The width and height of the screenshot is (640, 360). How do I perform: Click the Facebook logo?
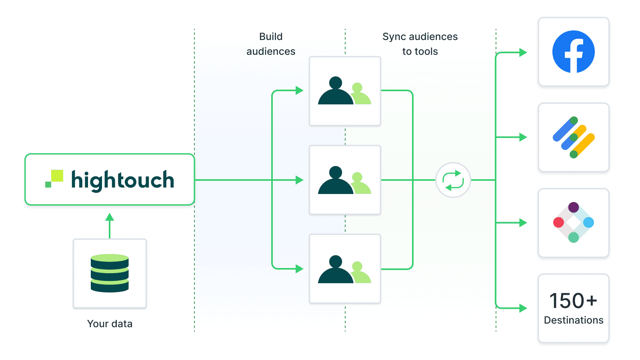click(573, 52)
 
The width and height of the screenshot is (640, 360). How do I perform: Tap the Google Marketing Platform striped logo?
click(573, 137)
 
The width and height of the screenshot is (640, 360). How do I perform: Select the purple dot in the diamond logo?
click(573, 207)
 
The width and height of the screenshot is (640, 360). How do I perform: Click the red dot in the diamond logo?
click(558, 222)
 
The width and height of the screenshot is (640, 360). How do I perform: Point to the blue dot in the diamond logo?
click(588, 222)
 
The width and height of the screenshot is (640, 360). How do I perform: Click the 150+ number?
click(573, 301)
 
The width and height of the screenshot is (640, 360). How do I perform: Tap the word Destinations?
click(573, 320)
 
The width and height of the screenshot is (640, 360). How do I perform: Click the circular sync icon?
click(453, 180)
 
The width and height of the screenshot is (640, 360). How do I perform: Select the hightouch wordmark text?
click(122, 180)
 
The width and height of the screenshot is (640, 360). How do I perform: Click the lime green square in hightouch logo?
click(57, 176)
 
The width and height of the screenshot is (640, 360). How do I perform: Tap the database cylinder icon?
click(110, 273)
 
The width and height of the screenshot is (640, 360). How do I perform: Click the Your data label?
click(110, 324)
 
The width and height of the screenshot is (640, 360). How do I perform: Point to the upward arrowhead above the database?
click(110, 217)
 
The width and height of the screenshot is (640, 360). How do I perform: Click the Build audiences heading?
click(271, 44)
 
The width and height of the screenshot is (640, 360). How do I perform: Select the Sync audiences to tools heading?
click(420, 44)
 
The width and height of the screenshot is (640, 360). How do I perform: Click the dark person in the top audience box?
click(335, 92)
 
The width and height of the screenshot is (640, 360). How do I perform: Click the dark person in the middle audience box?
click(335, 181)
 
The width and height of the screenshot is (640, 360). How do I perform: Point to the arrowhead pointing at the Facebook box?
click(523, 52)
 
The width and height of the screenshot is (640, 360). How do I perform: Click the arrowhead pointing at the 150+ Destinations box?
click(523, 308)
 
